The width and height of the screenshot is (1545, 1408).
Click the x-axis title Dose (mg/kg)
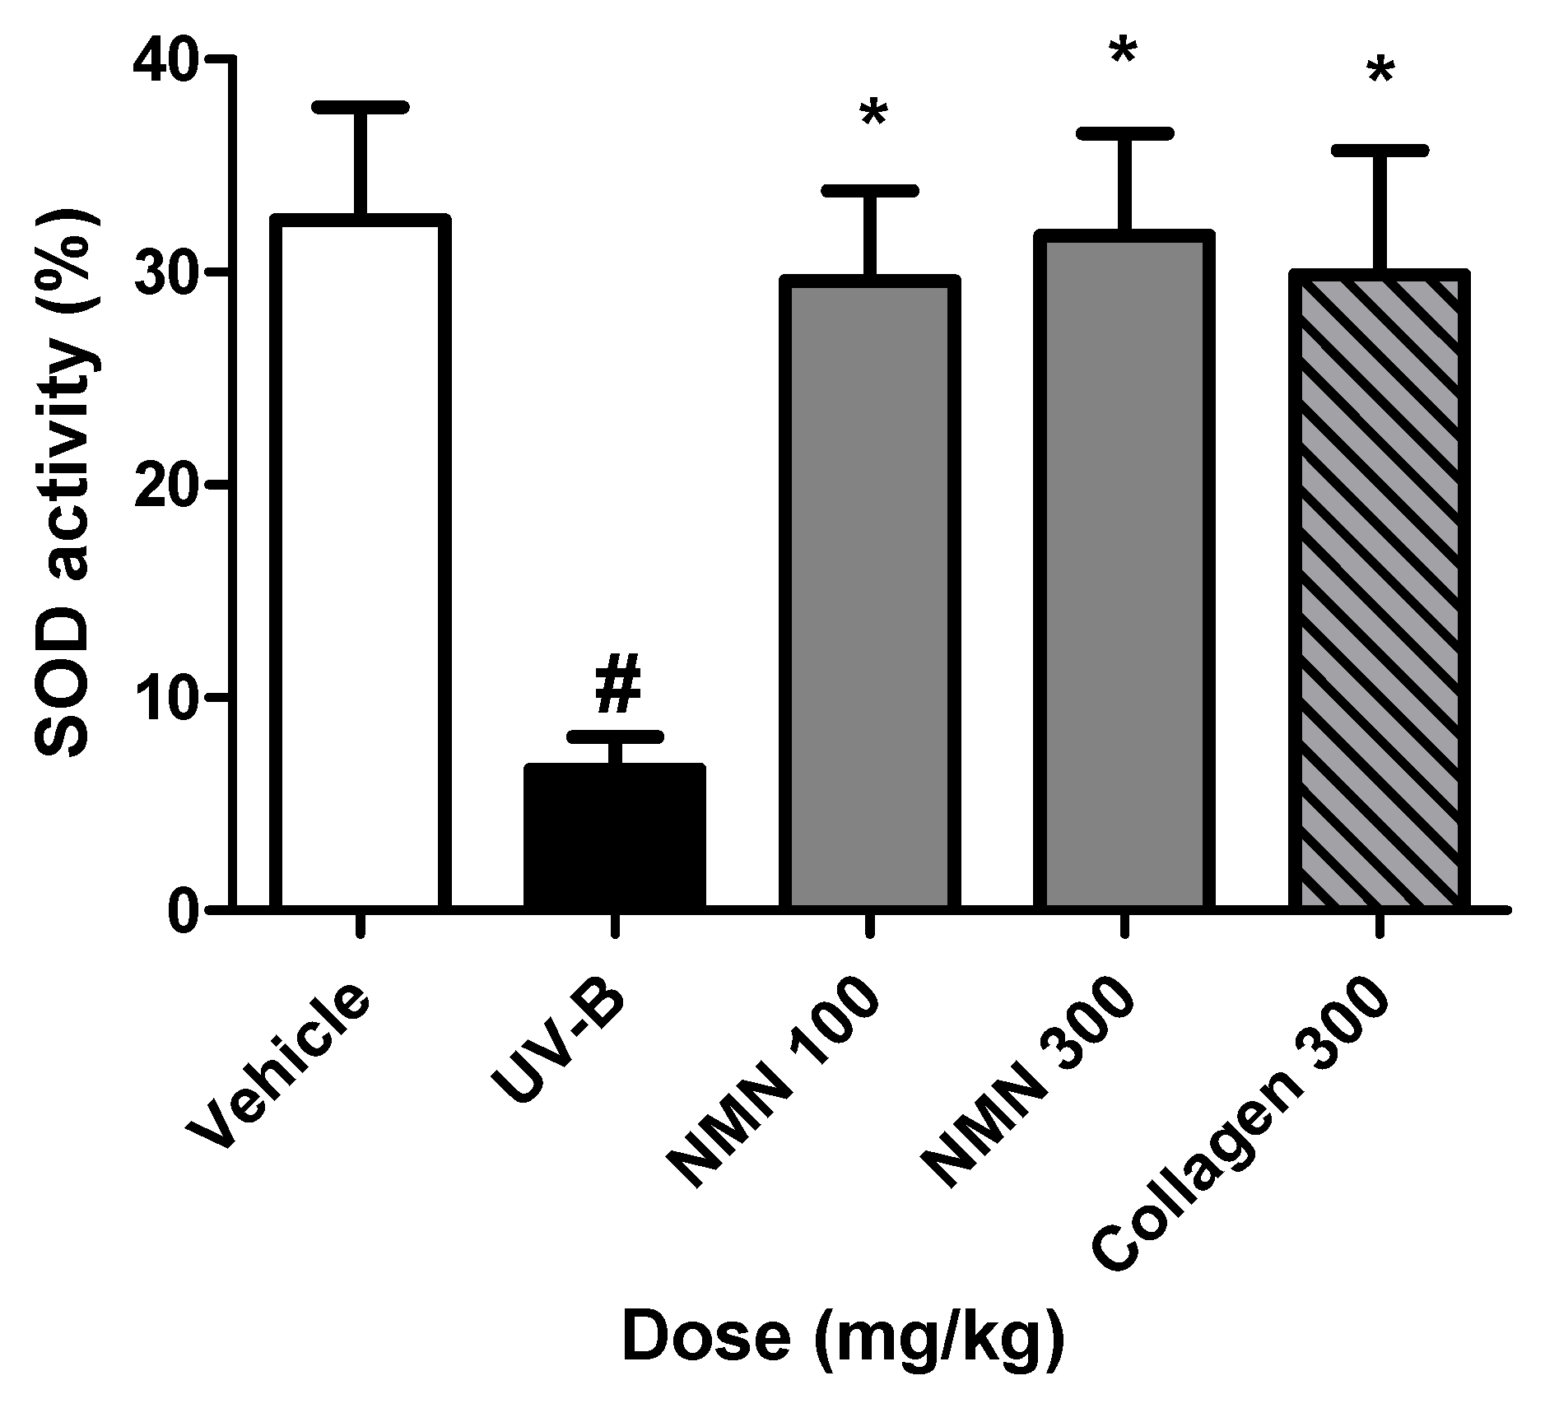843,1340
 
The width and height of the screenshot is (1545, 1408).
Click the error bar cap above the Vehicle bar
360,107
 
